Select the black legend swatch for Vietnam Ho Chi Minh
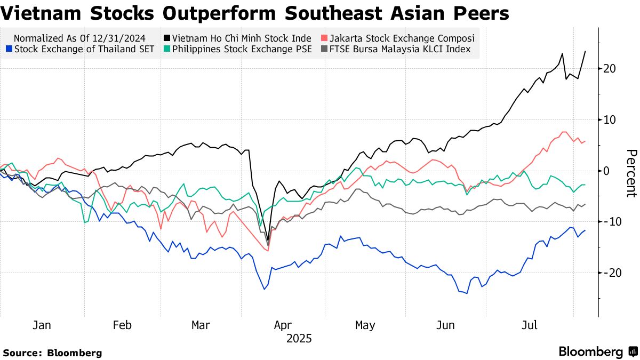coord(167,38)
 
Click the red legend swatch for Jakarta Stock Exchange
coord(324,38)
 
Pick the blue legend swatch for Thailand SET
coord(9,50)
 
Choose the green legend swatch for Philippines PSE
coord(167,50)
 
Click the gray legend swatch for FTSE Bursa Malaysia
coord(324,50)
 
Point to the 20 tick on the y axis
coord(610,69)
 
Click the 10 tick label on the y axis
coord(610,120)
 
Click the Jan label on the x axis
coord(42,325)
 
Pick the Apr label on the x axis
coord(283,325)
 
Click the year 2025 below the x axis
coord(299,339)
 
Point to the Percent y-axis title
coord(631,173)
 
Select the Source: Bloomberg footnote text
coord(52,353)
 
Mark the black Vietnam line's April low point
coord(268,244)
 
